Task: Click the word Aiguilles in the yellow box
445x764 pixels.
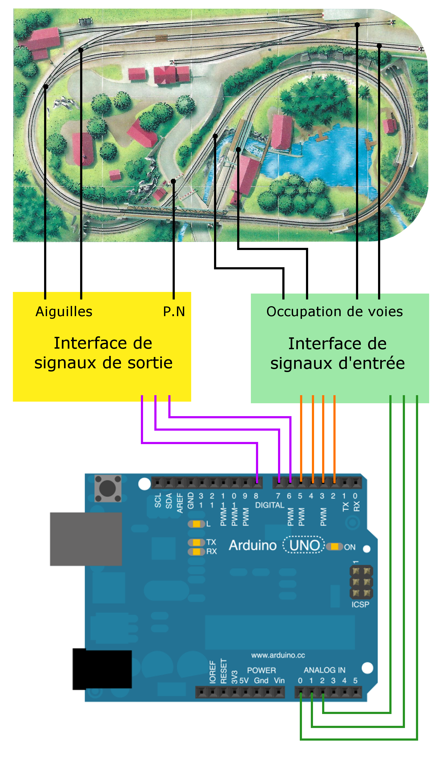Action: pos(64,312)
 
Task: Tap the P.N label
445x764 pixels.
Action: pos(174,312)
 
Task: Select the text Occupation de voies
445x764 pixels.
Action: pos(334,312)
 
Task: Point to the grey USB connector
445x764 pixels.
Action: pos(86,539)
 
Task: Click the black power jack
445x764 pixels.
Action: pos(102,669)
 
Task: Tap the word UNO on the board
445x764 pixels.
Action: pos(304,545)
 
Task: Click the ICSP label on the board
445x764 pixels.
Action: pos(360,605)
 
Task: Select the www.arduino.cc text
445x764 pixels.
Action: pos(278,655)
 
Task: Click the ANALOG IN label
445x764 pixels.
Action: pos(324,670)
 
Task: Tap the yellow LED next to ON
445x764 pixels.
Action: pos(334,546)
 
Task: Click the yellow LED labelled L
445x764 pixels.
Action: pos(197,524)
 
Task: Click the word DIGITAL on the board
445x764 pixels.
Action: pos(270,505)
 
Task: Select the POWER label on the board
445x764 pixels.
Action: pos(261,670)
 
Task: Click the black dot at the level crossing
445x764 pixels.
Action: pos(173,181)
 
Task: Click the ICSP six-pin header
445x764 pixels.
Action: pos(361,582)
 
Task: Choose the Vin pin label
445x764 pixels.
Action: pos(279,681)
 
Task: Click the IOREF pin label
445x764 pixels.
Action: pos(213,672)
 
